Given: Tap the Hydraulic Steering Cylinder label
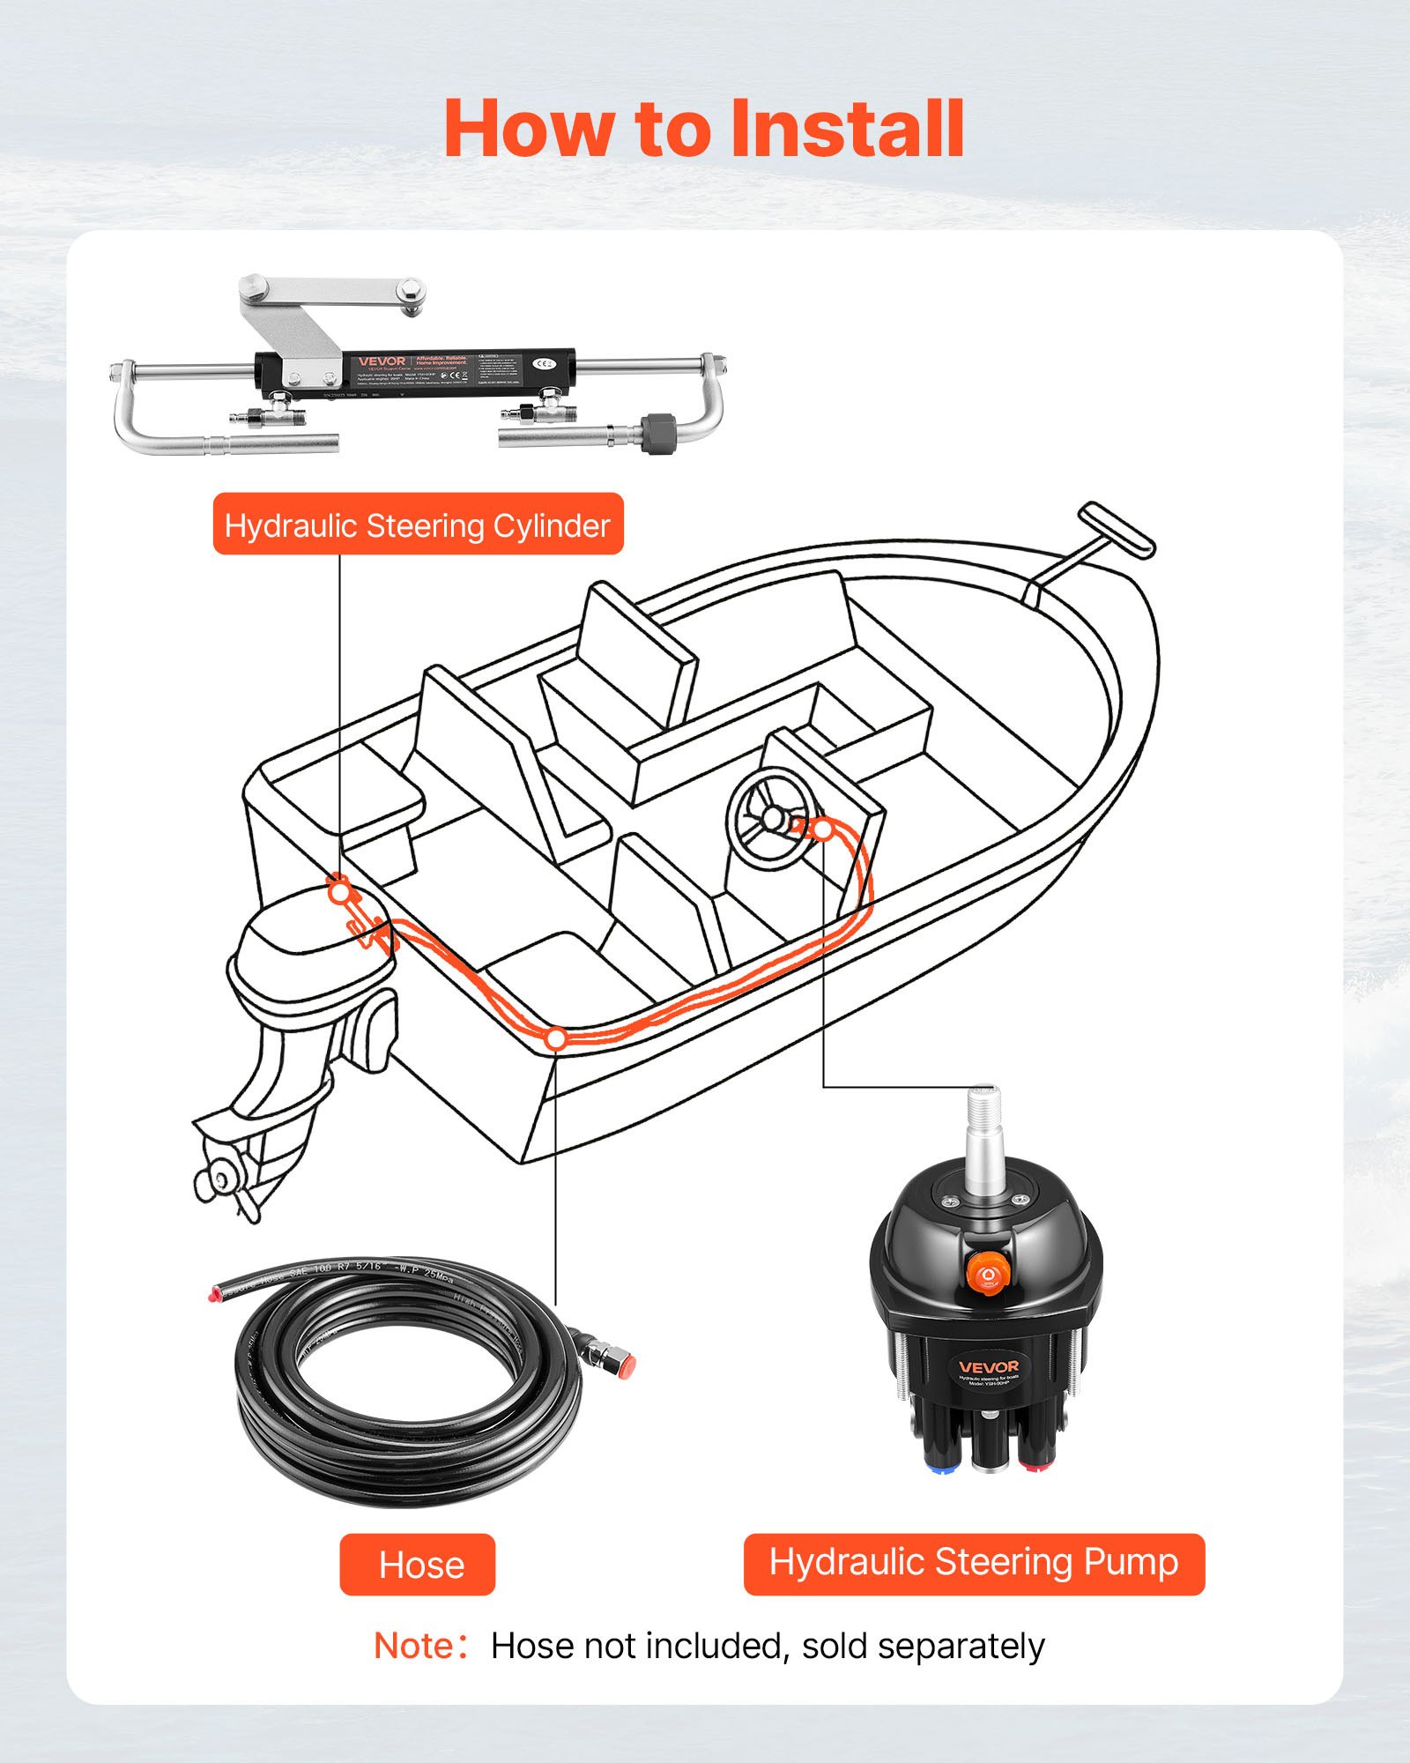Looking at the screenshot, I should click(418, 524).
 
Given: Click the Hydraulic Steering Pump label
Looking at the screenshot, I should click(974, 1563).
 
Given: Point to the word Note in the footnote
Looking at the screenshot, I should click(414, 1646).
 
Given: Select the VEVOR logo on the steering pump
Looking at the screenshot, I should click(988, 1366).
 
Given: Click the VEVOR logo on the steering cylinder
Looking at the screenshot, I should click(382, 361).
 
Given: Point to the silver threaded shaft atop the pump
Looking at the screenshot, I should click(983, 1137).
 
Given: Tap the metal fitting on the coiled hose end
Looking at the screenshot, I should click(599, 1350).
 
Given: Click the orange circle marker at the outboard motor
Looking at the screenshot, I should click(339, 892).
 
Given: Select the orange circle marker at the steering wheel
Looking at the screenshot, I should click(822, 829).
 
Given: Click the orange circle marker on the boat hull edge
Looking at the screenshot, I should click(555, 1039).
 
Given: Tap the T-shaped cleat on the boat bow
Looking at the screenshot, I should click(1116, 530).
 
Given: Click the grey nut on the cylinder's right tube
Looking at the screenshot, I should click(656, 433).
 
